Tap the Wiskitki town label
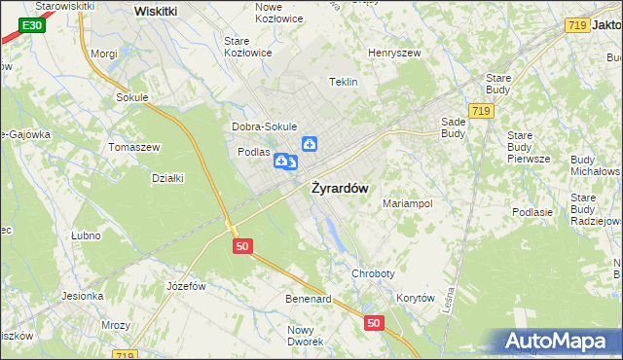click(156, 11)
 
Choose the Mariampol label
click(407, 204)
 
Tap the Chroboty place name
click(374, 275)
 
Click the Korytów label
click(415, 299)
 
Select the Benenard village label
click(309, 299)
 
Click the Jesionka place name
click(83, 296)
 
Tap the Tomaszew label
click(134, 147)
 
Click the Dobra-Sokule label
click(264, 126)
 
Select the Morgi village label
click(103, 54)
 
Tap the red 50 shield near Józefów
click(243, 246)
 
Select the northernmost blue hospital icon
click(310, 145)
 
